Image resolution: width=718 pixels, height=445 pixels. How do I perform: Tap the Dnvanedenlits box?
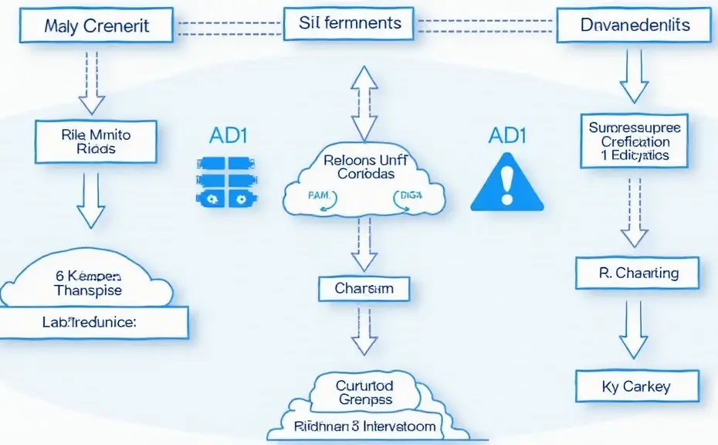[x=634, y=26]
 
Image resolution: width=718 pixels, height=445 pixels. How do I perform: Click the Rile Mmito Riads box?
[x=95, y=141]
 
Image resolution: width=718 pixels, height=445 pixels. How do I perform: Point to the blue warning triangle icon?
[x=506, y=183]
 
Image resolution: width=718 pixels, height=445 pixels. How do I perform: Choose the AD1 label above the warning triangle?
[x=506, y=135]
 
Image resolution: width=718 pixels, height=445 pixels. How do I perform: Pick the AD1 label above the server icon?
[x=228, y=135]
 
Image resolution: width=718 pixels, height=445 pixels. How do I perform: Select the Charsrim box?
[x=364, y=289]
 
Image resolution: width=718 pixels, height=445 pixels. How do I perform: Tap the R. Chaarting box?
[x=638, y=273]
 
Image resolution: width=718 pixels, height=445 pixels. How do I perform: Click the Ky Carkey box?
[x=638, y=386]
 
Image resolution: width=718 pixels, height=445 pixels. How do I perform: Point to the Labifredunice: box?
[x=95, y=322]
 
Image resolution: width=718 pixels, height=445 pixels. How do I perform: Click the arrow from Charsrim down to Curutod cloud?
[x=364, y=335]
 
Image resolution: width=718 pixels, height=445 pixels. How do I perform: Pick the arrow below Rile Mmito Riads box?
[x=91, y=199]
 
